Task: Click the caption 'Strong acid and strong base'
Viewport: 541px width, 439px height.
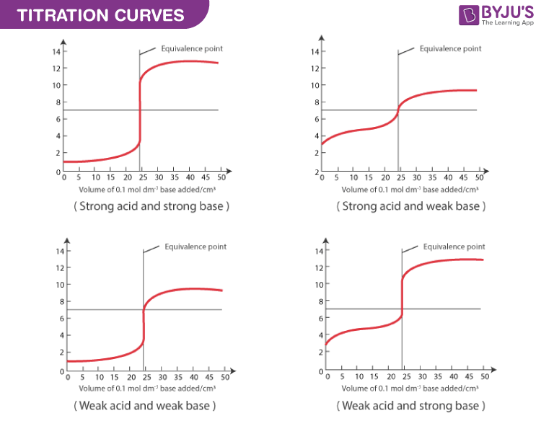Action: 151,206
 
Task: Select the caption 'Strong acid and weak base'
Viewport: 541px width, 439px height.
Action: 410,206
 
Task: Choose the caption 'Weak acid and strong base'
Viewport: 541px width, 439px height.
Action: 410,405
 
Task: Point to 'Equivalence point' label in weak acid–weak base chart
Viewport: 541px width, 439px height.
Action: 195,247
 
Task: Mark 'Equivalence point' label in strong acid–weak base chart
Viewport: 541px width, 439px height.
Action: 451,48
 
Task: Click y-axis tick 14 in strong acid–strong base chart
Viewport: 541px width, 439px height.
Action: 55,52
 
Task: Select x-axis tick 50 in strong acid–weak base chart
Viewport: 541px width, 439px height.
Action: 481,178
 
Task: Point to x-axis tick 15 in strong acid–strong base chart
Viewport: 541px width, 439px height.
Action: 111,178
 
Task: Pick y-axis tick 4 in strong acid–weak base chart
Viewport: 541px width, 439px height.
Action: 315,136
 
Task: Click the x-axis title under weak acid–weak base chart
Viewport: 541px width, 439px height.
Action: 145,388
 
